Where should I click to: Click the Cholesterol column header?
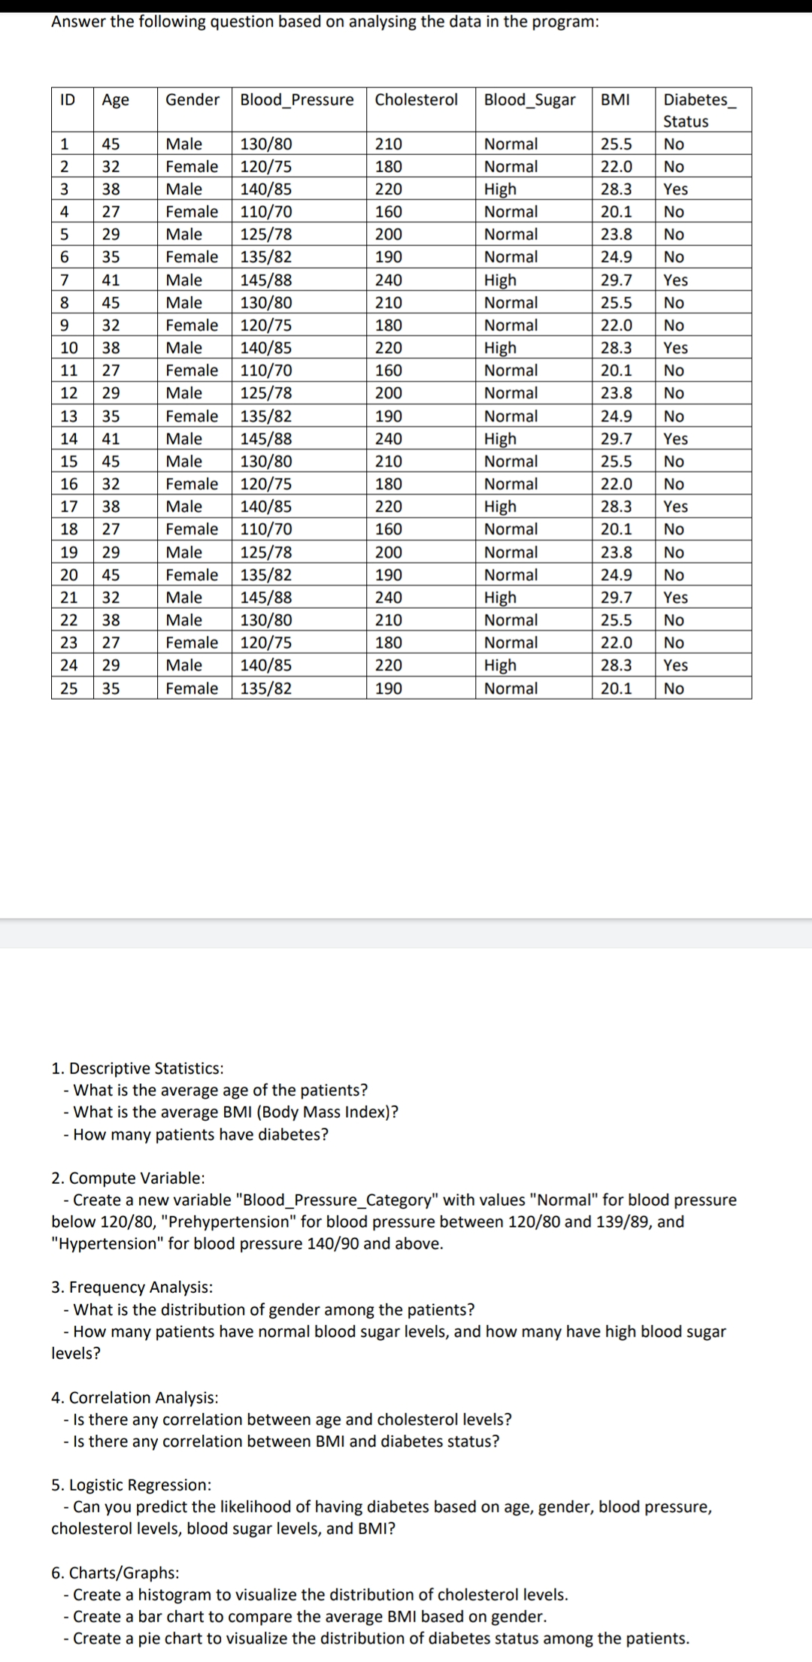[x=416, y=100]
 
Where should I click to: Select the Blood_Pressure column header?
[x=296, y=100]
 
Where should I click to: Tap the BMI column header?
[x=615, y=100]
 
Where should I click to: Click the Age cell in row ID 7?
[x=111, y=280]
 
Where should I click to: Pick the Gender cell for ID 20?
[x=191, y=575]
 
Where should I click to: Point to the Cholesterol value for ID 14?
[x=388, y=439]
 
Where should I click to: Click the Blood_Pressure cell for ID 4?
[x=266, y=212]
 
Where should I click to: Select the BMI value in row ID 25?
[x=616, y=689]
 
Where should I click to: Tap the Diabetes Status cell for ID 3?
[x=675, y=189]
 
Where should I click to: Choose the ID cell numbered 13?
[x=68, y=416]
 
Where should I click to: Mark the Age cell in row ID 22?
[x=111, y=620]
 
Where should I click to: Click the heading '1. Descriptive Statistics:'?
[x=137, y=1068]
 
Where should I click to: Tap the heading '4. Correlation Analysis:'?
[x=135, y=1397]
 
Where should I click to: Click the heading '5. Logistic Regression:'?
[x=131, y=1485]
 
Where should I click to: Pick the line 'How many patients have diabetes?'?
[x=200, y=1134]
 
